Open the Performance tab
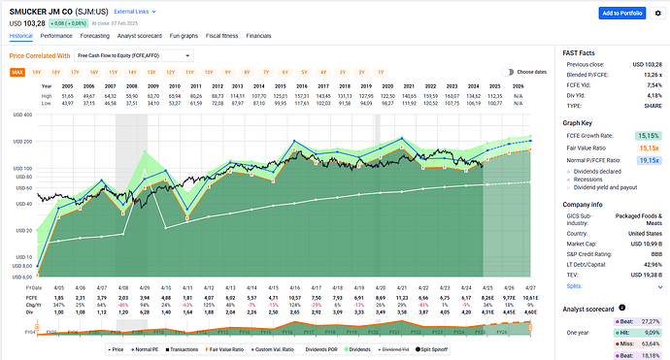(x=56, y=34)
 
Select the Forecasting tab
(x=100, y=34)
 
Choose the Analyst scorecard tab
(x=153, y=34)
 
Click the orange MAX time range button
(x=17, y=72)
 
